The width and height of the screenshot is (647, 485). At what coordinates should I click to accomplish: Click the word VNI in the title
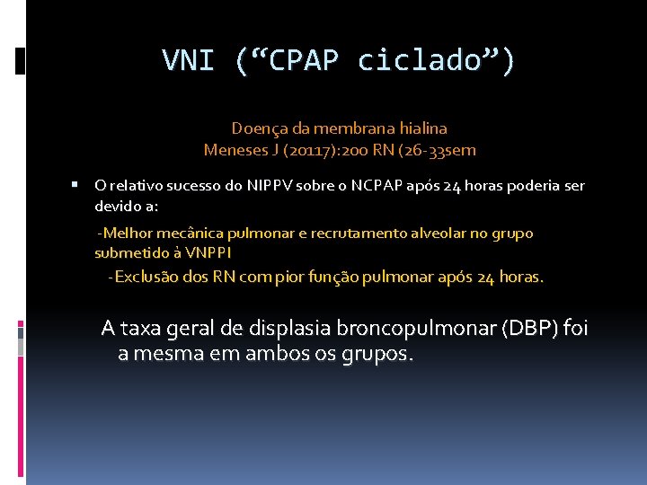189,60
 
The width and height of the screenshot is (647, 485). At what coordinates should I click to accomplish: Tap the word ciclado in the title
423,60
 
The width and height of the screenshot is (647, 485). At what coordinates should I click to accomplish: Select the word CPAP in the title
304,60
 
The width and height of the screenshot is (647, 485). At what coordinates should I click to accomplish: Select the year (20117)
311,149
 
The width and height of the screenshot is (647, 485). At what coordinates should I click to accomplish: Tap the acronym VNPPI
208,252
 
